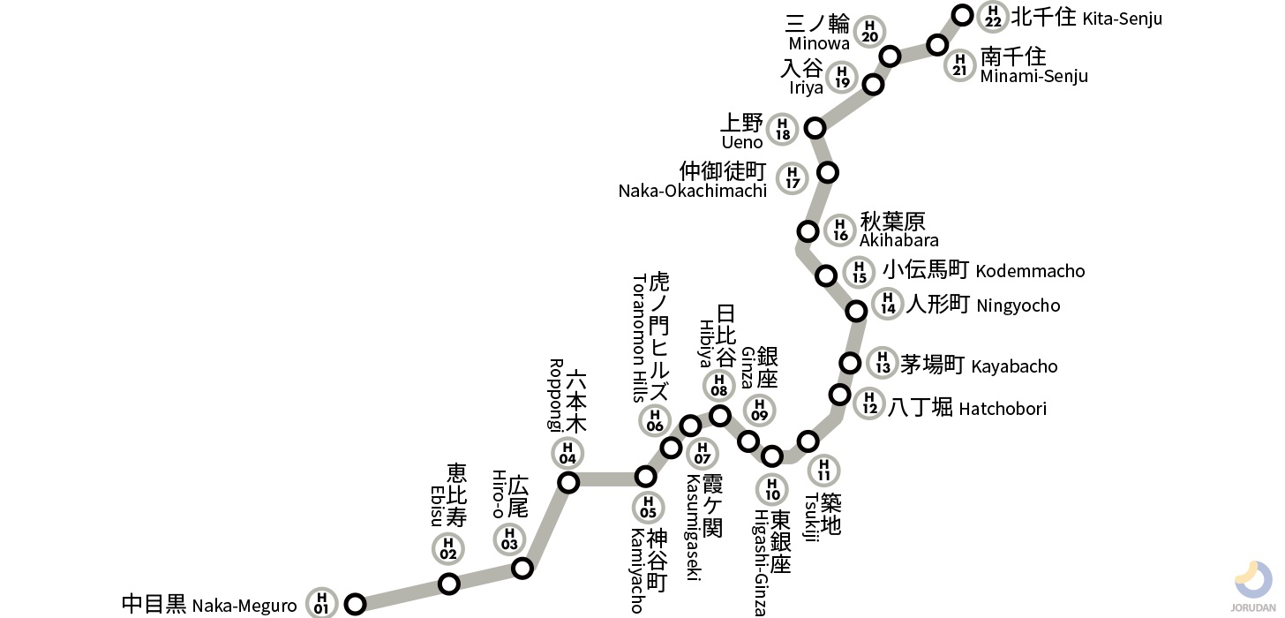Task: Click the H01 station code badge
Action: (x=321, y=604)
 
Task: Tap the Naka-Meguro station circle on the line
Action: (x=355, y=604)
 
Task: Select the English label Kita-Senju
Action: (x=1123, y=19)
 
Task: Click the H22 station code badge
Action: (x=993, y=17)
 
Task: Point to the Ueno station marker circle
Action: (x=815, y=128)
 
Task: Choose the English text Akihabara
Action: (x=886, y=240)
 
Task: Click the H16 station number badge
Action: (x=840, y=231)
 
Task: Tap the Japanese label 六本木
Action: (x=575, y=402)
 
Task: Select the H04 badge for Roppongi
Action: (x=567, y=454)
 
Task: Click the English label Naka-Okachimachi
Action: (x=692, y=191)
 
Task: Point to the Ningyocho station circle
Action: (x=856, y=311)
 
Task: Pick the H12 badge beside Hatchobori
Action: (x=869, y=404)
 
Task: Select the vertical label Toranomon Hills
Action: (x=640, y=337)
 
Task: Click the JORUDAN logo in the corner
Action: (x=1252, y=586)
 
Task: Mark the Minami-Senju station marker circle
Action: (x=937, y=45)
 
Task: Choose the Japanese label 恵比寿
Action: (x=456, y=495)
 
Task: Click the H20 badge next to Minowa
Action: (x=870, y=32)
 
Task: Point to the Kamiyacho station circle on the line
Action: (x=646, y=478)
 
